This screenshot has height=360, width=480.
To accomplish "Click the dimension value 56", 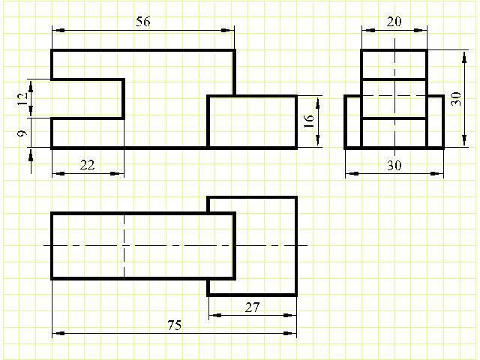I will click(143, 22).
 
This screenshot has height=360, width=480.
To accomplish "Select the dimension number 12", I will click(22, 97).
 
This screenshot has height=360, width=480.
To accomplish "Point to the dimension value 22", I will click(87, 165).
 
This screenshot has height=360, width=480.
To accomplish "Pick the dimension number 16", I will click(308, 122).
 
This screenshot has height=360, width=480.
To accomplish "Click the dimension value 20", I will click(394, 22).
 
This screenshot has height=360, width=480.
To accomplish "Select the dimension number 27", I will click(253, 307).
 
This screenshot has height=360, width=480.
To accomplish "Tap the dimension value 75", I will click(174, 325).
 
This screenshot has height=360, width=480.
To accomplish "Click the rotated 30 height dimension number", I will click(455, 100).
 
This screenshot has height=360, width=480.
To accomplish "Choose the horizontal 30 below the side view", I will click(394, 166).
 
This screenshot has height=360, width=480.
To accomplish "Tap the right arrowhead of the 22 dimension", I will click(118, 174).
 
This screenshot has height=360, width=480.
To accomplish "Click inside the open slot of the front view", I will click(86, 98).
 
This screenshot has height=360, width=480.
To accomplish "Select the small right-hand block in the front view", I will click(252, 121).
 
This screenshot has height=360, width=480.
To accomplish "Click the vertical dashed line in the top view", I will click(124, 246).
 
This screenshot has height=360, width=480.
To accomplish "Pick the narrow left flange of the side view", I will click(352, 121).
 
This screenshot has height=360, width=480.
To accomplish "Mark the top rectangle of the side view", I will click(394, 64).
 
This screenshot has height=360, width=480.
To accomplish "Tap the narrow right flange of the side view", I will click(435, 121).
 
